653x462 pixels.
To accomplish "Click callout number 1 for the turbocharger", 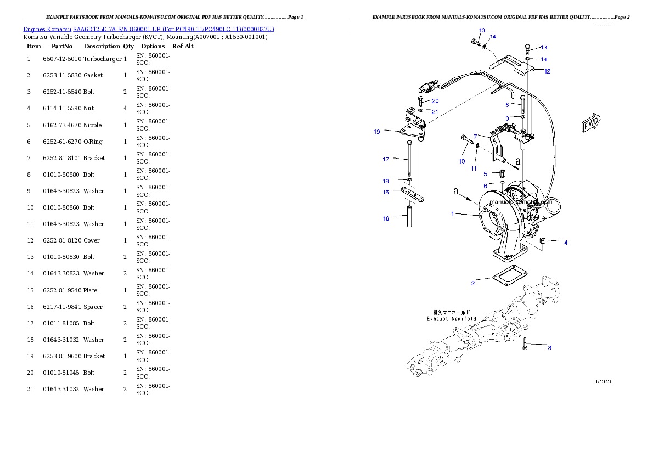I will click(453, 213).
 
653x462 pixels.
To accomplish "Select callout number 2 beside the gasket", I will click(473, 283).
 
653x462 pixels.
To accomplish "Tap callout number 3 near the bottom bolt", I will click(550, 347).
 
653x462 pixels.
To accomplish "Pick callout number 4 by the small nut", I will click(566, 242).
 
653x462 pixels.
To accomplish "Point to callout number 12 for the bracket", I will click(547, 71).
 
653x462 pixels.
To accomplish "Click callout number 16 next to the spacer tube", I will click(386, 218).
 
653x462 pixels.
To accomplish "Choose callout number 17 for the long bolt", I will click(386, 160).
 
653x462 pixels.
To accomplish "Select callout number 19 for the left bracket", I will click(377, 132).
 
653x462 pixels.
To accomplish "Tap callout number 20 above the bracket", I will click(435, 101).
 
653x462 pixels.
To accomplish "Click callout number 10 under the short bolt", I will click(461, 161).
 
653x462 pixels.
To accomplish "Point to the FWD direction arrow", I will click(591, 124).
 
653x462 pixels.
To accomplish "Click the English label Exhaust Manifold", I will click(452, 319).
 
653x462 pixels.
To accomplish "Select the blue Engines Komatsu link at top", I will click(149, 29).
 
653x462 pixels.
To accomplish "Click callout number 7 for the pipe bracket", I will click(475, 136).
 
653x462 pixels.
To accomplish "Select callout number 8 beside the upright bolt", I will click(508, 104).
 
